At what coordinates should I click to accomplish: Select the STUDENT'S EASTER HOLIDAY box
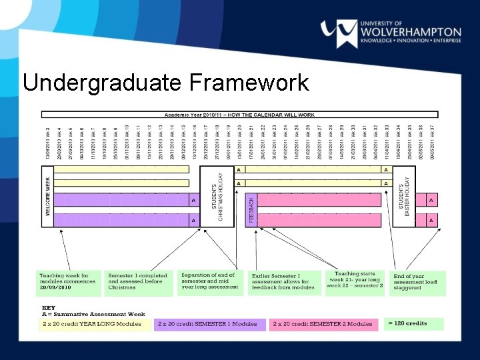[404, 196]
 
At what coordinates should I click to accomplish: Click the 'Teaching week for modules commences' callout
[68, 282]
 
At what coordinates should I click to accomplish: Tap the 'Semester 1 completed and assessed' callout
[139, 282]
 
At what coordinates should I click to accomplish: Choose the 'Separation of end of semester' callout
[210, 281]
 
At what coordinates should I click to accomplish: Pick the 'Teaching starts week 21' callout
[355, 282]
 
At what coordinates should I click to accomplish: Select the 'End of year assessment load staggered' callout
[417, 282]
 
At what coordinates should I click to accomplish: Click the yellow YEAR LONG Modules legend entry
[93, 324]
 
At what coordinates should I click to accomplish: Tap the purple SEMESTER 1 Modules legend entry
[209, 324]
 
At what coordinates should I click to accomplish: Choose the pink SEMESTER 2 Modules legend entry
[325, 324]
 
